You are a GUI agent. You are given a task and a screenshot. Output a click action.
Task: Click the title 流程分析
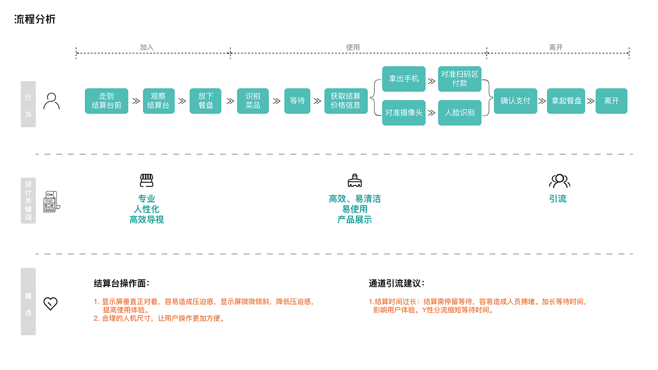[35, 19]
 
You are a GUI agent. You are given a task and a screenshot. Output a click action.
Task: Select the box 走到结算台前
[107, 101]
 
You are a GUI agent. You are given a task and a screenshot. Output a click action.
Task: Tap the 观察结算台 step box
[159, 101]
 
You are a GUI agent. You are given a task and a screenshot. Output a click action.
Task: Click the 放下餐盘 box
[205, 101]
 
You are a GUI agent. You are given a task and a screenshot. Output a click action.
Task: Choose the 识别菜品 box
[253, 101]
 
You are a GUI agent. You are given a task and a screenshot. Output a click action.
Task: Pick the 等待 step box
[297, 101]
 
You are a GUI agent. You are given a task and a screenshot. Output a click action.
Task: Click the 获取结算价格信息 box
[346, 101]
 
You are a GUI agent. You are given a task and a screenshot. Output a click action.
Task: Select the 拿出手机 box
[404, 79]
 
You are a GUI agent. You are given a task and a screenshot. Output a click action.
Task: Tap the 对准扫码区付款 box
[460, 79]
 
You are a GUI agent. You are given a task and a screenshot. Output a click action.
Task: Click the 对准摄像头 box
[404, 113]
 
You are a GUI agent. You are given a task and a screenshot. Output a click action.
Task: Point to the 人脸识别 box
[460, 113]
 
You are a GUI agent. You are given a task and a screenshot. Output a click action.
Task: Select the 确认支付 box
[516, 101]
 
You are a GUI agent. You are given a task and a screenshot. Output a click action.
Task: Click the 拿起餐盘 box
[566, 101]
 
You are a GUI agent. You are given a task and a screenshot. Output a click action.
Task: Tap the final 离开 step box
[611, 101]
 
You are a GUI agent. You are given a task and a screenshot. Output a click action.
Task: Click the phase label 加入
[147, 47]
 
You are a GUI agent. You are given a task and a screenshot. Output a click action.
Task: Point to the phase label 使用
[353, 47]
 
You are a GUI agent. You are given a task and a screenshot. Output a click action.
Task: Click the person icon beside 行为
[51, 101]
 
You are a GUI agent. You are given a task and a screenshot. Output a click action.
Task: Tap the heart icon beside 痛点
[50, 303]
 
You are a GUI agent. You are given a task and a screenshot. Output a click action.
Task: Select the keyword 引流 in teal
[558, 199]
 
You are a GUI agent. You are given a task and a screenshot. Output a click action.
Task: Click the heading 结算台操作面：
[122, 283]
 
